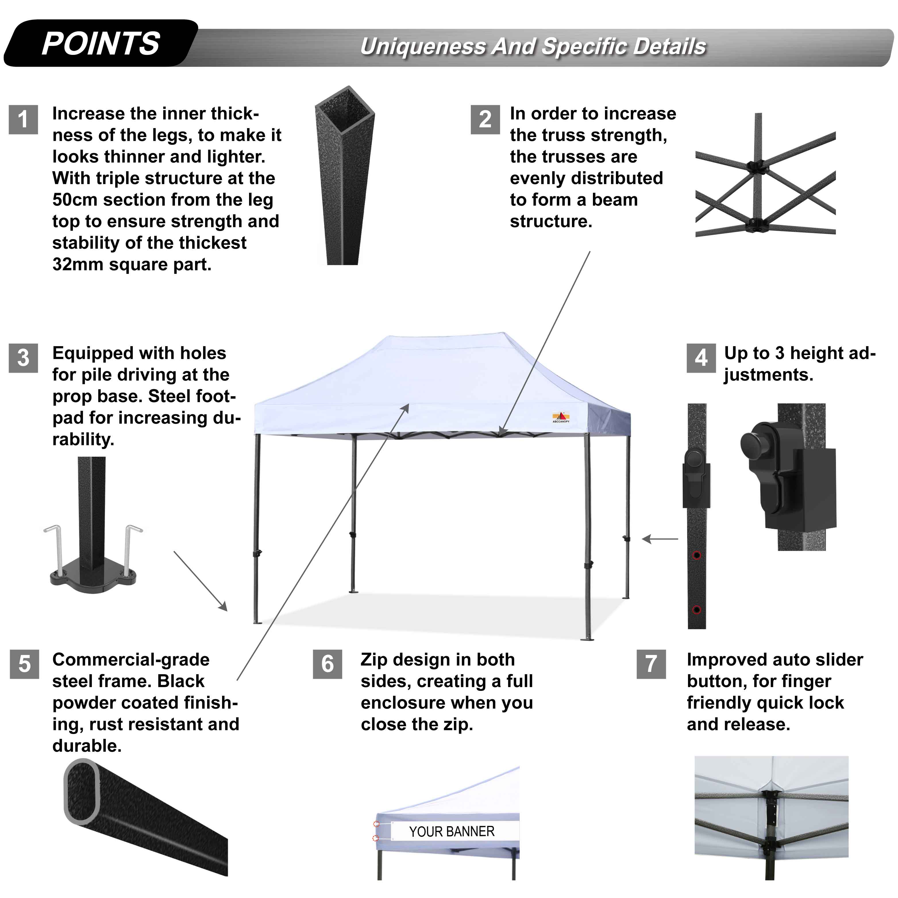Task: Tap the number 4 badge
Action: coord(701,358)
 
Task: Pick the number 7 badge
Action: coord(651,664)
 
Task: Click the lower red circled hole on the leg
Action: coord(696,610)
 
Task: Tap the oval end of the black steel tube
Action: coord(81,791)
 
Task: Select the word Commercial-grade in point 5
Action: coord(131,660)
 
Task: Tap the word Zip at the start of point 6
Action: coord(374,660)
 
